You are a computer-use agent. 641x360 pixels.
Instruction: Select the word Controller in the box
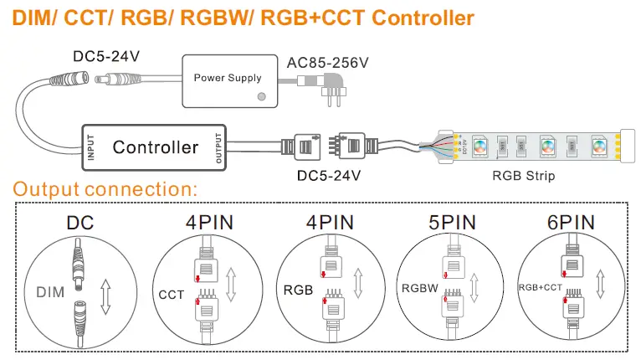click(156, 147)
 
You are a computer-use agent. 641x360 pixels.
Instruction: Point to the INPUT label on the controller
click(90, 147)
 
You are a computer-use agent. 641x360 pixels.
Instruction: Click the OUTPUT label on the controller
click(219, 147)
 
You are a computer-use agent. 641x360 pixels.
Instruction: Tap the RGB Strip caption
click(523, 176)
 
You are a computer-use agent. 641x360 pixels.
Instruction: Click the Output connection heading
click(105, 188)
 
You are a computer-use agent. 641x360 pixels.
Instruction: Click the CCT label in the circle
click(172, 295)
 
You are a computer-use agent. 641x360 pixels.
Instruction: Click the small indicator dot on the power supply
click(262, 97)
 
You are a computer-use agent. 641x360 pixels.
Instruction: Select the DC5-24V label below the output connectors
click(329, 176)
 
